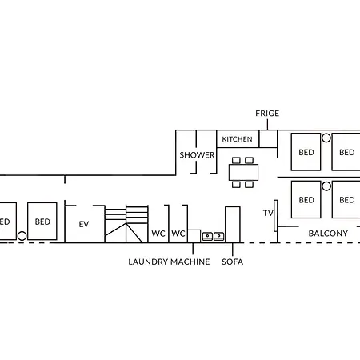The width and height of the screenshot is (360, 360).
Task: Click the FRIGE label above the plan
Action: pos(267,114)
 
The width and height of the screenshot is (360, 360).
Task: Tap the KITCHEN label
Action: pos(237,139)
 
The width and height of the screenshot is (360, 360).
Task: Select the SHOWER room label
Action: pos(197,155)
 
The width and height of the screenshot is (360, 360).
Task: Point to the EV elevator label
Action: pos(84,224)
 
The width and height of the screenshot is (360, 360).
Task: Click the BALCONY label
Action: pos(328,234)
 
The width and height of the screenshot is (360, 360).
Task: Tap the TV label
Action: pos(268,213)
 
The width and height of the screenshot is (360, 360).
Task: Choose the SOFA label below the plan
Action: pos(233,262)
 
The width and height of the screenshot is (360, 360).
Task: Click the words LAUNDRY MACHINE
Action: pos(169,262)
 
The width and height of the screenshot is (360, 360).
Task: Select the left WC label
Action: pos(158,234)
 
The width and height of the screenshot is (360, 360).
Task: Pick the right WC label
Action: pos(178,234)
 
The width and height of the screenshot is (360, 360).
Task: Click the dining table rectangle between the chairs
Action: pos(243,172)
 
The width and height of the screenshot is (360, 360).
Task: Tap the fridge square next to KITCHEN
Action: pos(268,138)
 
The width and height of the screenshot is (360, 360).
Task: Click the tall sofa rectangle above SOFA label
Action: pos(233,225)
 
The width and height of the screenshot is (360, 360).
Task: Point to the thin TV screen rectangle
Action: pos(276,216)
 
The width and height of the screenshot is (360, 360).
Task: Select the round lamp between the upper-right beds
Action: pos(326,138)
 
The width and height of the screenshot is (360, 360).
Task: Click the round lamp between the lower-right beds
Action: pos(326,186)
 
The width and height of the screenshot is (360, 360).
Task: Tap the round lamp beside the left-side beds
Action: pos(22,236)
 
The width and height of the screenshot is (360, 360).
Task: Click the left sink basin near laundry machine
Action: pos(207,236)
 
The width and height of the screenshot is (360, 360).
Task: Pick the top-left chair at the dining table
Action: pos(236,160)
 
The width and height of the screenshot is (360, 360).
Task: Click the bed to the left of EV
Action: pos(42,221)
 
